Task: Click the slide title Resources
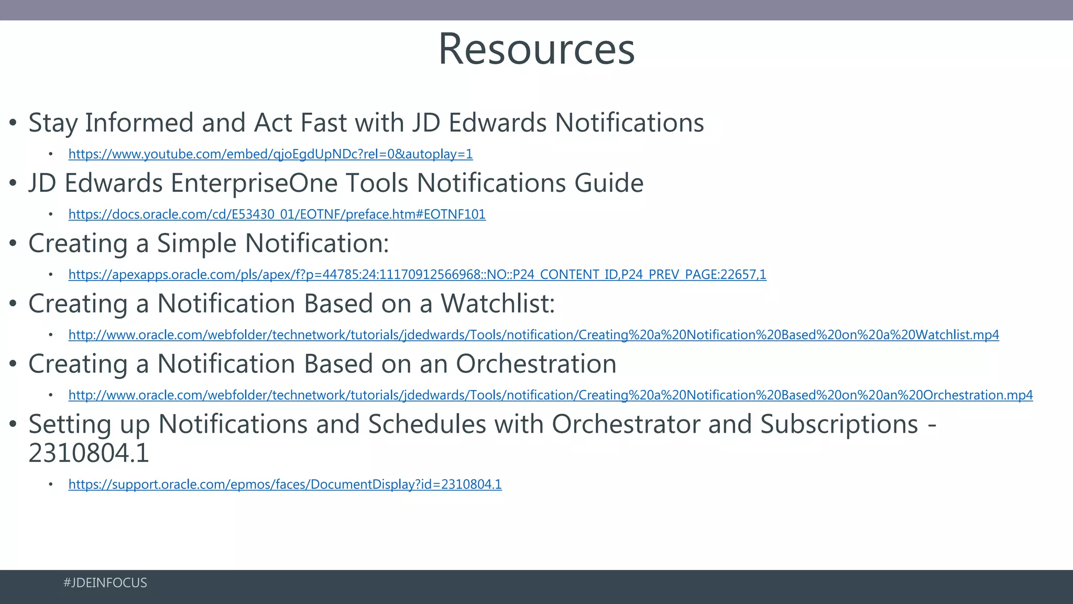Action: point(536,49)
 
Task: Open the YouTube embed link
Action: point(270,154)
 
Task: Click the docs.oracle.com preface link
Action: point(277,214)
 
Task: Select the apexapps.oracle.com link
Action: point(417,275)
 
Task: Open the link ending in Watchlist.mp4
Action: point(533,335)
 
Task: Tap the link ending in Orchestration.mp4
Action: point(550,395)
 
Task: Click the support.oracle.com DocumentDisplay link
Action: point(285,484)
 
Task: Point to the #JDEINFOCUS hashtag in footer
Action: point(105,583)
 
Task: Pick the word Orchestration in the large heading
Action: point(535,364)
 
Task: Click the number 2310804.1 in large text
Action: point(89,454)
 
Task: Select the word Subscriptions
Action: point(838,425)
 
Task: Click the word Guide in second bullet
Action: point(609,184)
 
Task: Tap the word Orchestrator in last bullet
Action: point(626,425)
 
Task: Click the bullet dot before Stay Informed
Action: point(14,124)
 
